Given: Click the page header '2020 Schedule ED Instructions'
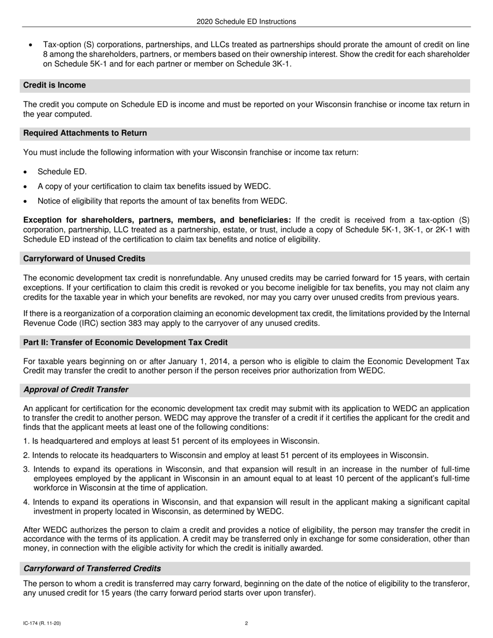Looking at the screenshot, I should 246,22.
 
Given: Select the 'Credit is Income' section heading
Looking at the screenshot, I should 54,85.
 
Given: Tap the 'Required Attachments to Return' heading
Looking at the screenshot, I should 85,133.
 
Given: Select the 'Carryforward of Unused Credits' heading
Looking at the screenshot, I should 84,258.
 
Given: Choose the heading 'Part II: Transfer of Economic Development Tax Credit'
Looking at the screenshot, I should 125,342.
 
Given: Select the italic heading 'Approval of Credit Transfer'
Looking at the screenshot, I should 76,390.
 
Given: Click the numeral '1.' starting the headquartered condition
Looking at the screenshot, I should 26,441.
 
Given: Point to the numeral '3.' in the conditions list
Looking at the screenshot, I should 26,469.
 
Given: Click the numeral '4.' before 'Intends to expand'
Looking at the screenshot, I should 26,502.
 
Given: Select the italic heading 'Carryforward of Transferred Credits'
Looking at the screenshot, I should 92,568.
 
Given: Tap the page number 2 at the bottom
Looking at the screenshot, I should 246,623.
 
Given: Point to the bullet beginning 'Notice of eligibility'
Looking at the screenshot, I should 162,201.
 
